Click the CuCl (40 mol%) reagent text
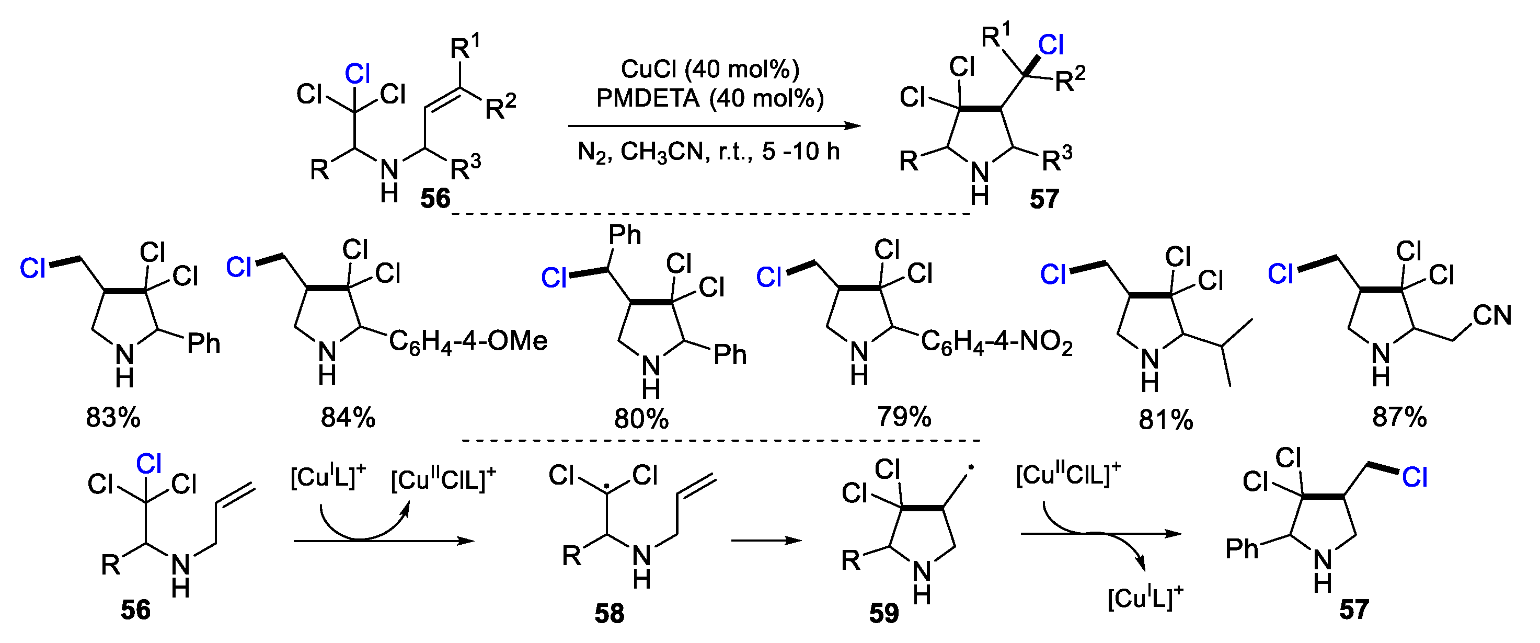709,70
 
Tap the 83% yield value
113,418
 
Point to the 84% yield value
348,418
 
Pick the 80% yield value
641,419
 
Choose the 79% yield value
904,417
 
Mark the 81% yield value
1166,421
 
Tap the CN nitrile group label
1492,316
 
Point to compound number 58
609,613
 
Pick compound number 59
883,613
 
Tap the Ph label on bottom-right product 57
1242,548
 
